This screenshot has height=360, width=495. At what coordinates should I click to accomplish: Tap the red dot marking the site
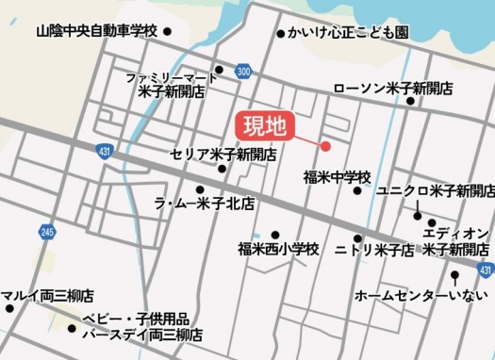point(325,146)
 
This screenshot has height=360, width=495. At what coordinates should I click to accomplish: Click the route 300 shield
point(244,72)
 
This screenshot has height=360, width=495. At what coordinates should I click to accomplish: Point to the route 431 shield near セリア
point(103,151)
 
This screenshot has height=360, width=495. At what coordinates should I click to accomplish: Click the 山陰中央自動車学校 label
point(96,31)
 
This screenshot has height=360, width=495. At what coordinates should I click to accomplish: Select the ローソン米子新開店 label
point(393,88)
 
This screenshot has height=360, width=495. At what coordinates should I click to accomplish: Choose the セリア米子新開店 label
point(223,154)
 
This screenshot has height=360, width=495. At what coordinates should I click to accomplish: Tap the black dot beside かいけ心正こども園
point(280,34)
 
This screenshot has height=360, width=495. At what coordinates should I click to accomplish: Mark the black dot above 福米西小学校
point(275,235)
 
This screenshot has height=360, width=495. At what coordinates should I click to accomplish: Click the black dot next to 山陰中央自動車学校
point(168,31)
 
